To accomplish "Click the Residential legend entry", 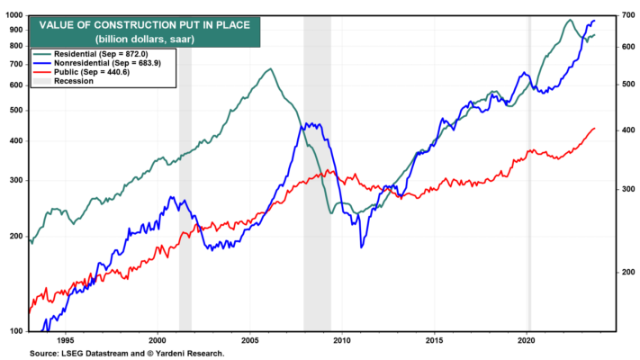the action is point(90,54).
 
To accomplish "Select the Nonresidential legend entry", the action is point(97,63).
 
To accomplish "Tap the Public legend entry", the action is point(81,72).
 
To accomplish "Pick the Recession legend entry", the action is point(63,81).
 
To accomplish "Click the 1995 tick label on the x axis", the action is point(66,340).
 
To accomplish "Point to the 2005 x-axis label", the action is point(250,340).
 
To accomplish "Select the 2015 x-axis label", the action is point(435,340).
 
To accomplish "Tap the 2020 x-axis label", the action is point(527,340).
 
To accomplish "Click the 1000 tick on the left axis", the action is point(14,15).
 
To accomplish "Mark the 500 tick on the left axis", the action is point(16,111).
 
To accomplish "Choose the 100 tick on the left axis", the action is point(16,331).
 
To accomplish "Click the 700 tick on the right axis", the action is point(628,15).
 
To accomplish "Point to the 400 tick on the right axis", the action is point(628,130).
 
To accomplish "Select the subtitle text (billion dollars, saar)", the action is point(145,40).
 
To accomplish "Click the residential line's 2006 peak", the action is point(270,68).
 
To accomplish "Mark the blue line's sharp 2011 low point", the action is point(361,247).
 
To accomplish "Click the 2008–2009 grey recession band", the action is point(317,174).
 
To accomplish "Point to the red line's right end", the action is point(595,128).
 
